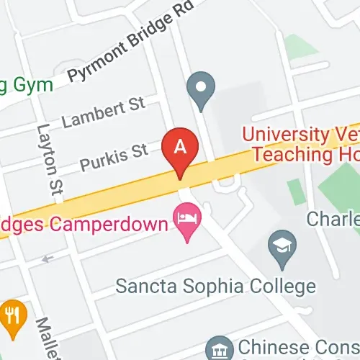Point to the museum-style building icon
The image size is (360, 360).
coord(218,350)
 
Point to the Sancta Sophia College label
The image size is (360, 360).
coord(216,286)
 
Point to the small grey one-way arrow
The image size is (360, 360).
coord(48,258)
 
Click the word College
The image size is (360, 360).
coord(280,286)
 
